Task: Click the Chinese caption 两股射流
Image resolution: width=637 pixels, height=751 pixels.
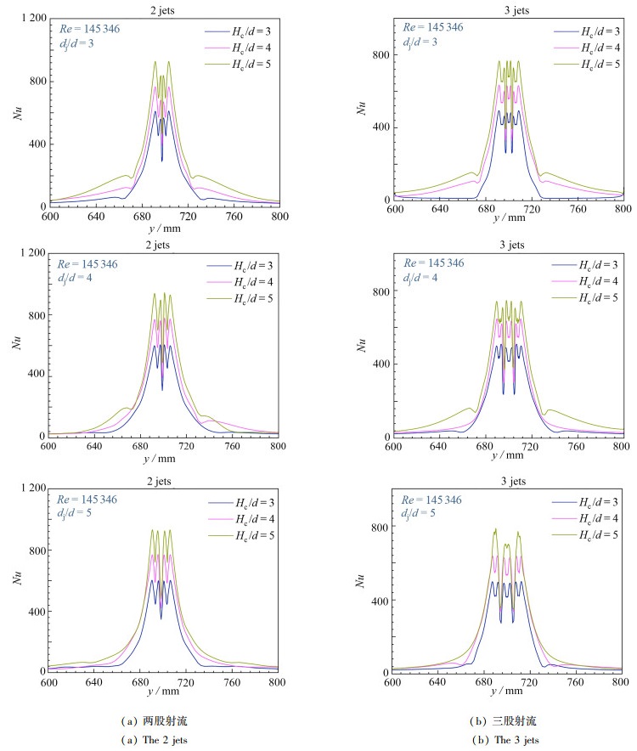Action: pyautogui.click(x=161, y=720)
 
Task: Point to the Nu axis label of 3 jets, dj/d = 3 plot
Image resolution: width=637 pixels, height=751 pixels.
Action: pyautogui.click(x=364, y=107)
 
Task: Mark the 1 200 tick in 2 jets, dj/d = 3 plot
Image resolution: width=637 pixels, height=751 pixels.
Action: pyautogui.click(x=31, y=18)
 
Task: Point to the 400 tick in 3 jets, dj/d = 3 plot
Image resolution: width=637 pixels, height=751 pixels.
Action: pyautogui.click(x=379, y=127)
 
